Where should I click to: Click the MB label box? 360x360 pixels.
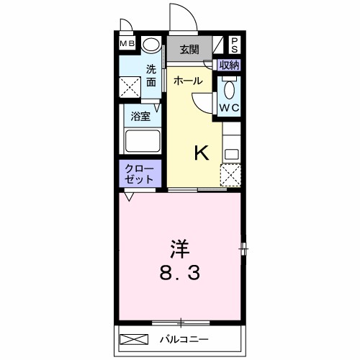point(127,43)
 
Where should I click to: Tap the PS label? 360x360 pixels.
point(235,45)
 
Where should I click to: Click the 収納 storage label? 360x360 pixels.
point(230,65)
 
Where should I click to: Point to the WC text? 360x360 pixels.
point(230,108)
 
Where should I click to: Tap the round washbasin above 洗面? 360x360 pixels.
point(152,45)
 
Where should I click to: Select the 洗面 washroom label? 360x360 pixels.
point(151,76)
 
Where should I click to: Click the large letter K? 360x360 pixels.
point(202,152)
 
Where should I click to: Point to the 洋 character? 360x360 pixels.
point(180,249)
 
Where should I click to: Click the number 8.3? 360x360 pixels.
point(181,274)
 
